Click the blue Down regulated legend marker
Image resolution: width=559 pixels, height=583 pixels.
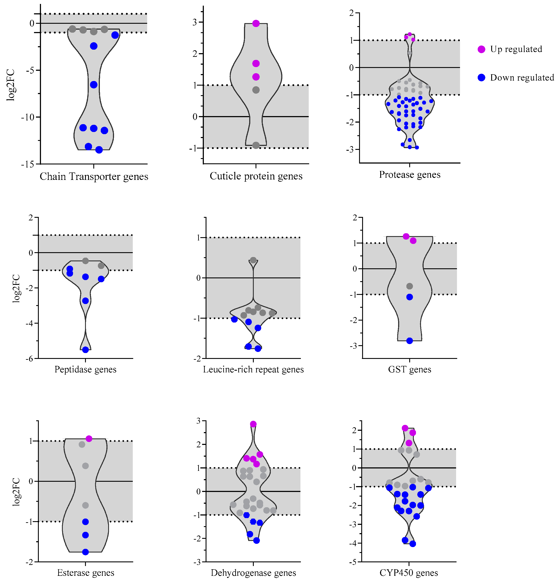[x=481, y=78]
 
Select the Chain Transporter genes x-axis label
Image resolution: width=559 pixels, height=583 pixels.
[x=94, y=176]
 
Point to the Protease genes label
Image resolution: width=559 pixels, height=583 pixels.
[x=409, y=175]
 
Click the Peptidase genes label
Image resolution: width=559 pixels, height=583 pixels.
[x=85, y=369]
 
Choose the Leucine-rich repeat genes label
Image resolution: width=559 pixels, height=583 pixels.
[x=253, y=369]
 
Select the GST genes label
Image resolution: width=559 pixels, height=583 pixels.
[x=409, y=369]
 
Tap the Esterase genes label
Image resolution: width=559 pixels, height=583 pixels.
[x=85, y=573]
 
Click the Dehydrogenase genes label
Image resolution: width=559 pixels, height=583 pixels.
[x=253, y=573]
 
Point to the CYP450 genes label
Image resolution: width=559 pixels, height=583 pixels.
[x=409, y=573]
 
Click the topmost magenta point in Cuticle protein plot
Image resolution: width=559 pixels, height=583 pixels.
[x=256, y=24]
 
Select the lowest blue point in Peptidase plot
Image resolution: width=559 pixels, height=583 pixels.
[x=85, y=350]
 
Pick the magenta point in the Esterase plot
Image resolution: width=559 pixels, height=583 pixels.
[x=89, y=439]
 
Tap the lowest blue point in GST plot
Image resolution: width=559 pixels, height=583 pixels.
[x=409, y=341]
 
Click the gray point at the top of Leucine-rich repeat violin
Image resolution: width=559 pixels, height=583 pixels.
[x=253, y=260]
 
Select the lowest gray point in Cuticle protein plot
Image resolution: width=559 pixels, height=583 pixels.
[x=256, y=145]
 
